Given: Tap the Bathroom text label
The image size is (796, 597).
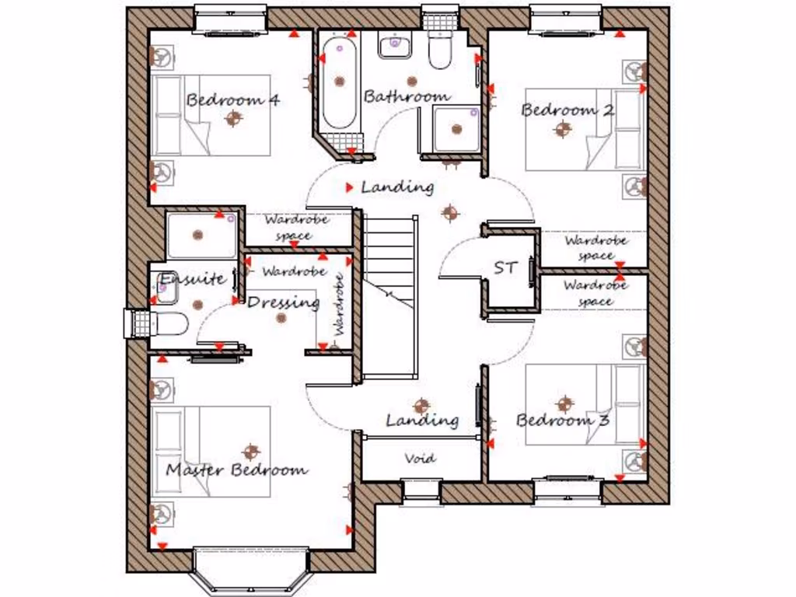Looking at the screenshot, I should [407, 96].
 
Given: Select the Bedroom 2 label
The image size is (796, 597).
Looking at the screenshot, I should [567, 110].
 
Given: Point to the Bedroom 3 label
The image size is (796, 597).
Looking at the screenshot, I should [563, 421].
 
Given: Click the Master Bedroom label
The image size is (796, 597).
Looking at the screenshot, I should [236, 470].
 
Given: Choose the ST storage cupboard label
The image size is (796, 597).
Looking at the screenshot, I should [505, 268].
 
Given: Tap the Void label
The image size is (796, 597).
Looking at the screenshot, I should [420, 459].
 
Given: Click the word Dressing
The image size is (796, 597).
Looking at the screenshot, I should [283, 302].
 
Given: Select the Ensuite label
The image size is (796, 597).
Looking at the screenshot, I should [193, 279].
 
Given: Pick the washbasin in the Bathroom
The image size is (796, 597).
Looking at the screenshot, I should [395, 46].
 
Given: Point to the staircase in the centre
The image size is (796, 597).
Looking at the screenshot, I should [390, 295].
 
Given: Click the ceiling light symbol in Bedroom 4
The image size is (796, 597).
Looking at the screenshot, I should [232, 118].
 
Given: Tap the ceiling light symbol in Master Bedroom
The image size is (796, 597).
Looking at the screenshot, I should [250, 451].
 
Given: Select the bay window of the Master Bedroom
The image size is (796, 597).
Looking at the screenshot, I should [251, 571].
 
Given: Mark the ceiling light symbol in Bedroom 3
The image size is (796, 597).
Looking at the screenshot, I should [564, 403].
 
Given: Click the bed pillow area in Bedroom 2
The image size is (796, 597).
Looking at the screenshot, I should [629, 129].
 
